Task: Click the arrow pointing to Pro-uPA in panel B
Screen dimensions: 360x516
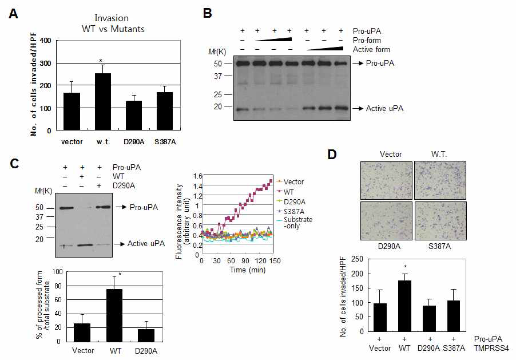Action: [x=357, y=64]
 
